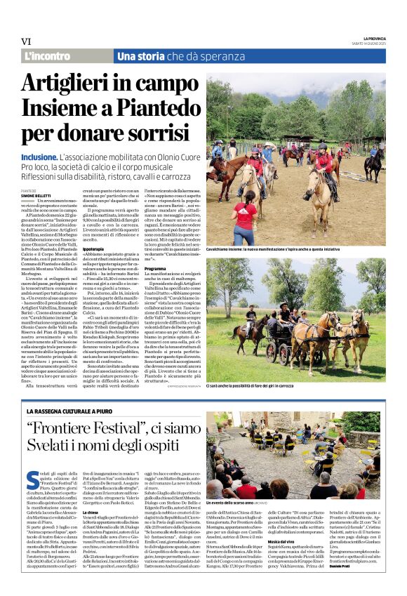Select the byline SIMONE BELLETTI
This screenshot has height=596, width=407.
(x=36, y=194)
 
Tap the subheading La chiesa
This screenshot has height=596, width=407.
(x=91, y=513)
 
